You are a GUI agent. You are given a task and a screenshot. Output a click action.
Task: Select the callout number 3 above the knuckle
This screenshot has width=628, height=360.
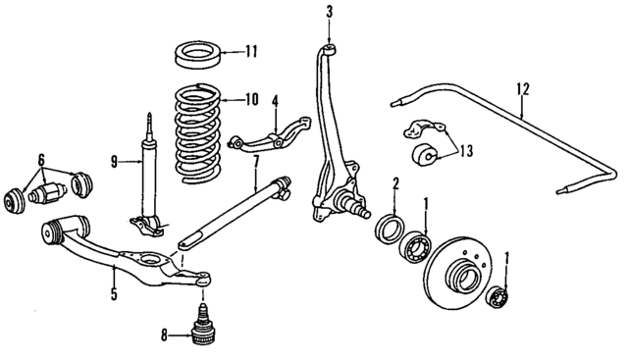(x=330, y=13)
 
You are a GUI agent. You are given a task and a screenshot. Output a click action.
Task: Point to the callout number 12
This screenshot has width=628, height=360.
(x=524, y=89)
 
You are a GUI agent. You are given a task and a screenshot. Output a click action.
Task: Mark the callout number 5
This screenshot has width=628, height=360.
(x=114, y=293)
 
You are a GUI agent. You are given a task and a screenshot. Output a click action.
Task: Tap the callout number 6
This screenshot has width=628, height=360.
(x=41, y=159)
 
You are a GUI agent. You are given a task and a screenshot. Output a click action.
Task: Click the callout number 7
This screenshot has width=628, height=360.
(x=255, y=159)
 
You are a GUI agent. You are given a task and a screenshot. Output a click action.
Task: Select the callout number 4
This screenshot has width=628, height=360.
(x=276, y=99)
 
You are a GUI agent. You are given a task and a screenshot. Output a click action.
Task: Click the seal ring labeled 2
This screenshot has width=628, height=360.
(x=390, y=229)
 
